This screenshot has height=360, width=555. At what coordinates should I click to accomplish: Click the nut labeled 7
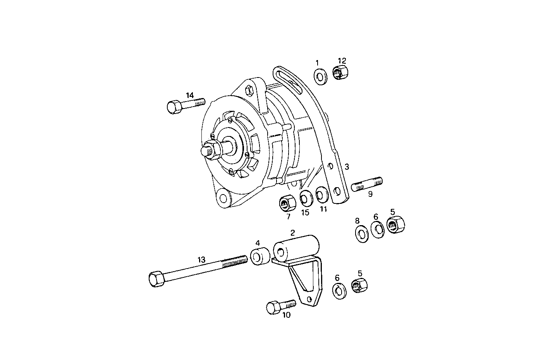287,203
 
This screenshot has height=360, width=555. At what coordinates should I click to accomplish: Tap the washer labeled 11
321,195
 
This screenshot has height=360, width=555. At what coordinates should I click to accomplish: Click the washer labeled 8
362,234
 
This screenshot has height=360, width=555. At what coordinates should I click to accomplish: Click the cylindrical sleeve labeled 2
296,248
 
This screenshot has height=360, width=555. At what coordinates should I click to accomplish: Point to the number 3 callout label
347,167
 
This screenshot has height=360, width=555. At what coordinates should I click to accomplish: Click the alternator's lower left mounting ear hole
223,198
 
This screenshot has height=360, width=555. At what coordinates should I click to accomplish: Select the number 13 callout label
201,260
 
